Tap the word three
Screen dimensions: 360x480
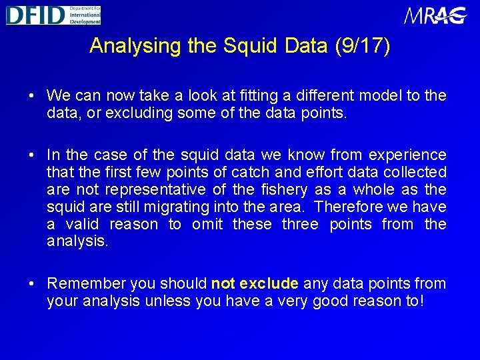(x=300, y=225)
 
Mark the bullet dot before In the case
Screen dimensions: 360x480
(x=33, y=155)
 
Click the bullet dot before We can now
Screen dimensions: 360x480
(x=33, y=96)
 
